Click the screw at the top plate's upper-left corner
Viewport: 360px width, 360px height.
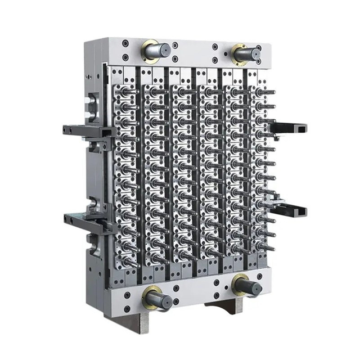(x=125, y=43)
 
